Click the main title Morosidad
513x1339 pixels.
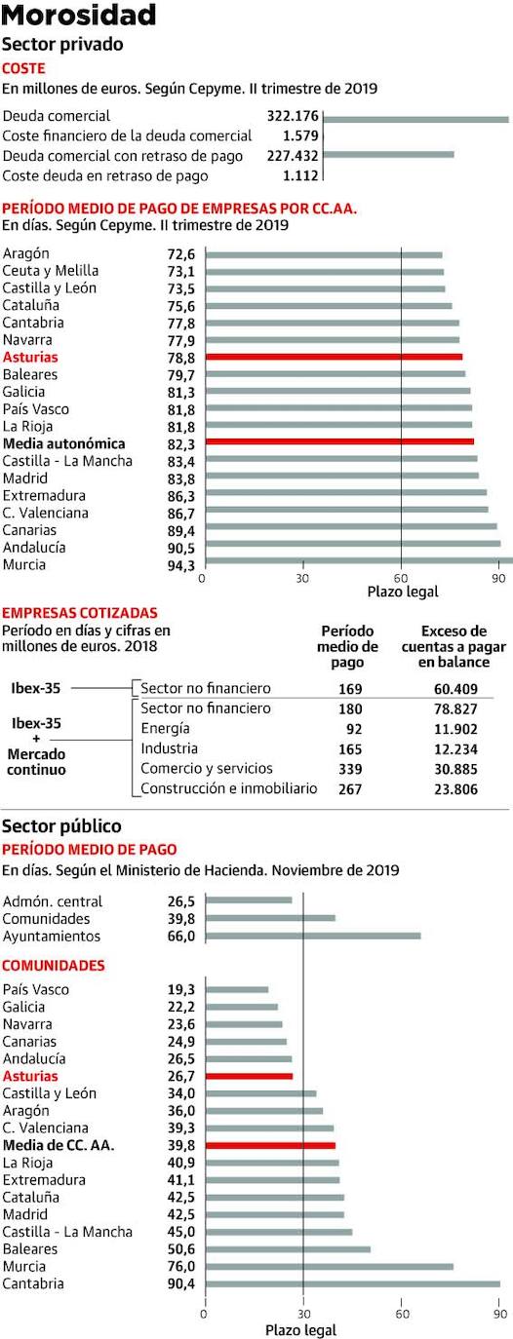[x=79, y=15]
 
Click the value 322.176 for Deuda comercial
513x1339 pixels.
[x=293, y=116]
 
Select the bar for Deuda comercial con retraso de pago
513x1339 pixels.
[x=388, y=154]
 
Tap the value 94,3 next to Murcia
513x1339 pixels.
[x=182, y=565]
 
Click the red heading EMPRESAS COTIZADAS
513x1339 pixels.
[x=80, y=612]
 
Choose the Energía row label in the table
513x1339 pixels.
[x=165, y=728]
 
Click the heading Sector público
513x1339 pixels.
[x=63, y=827]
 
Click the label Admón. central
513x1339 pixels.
[x=53, y=901]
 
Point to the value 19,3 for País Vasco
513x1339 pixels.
[x=182, y=989]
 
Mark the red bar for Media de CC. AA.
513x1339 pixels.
[x=270, y=1145]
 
